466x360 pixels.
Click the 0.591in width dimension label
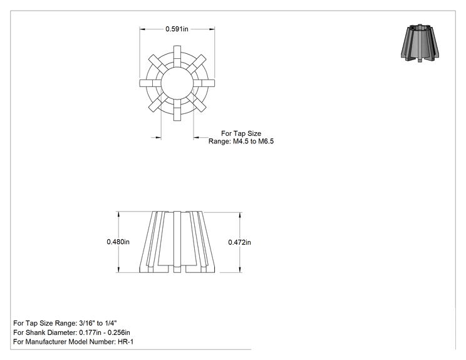tap(177, 29)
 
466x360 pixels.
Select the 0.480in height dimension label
tap(118, 242)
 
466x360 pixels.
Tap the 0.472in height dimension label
tap(239, 242)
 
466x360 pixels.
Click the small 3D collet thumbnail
tap(420, 43)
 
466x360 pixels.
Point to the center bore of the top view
tap(177, 83)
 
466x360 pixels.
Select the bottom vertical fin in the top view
tap(177, 110)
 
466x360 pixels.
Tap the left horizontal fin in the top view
tap(150, 83)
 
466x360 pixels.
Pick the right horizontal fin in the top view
tap(204, 83)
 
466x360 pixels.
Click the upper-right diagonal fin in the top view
tap(197, 64)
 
